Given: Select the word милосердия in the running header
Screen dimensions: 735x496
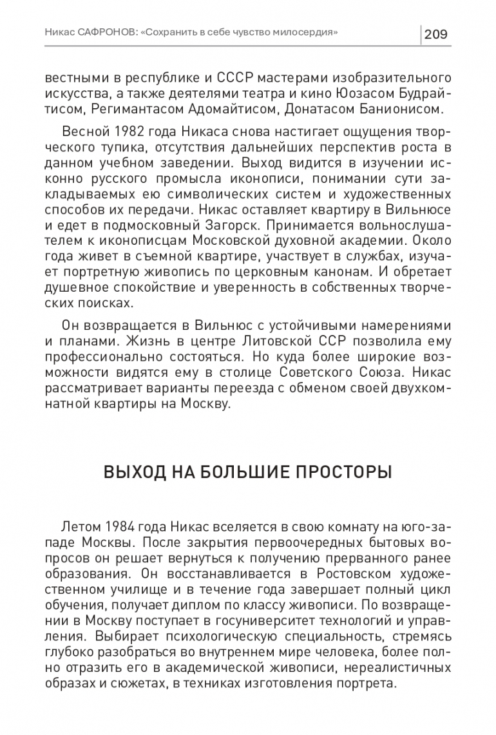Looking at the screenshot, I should coord(303,32).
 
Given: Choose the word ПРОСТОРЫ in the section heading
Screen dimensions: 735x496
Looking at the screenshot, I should coord(338,472).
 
